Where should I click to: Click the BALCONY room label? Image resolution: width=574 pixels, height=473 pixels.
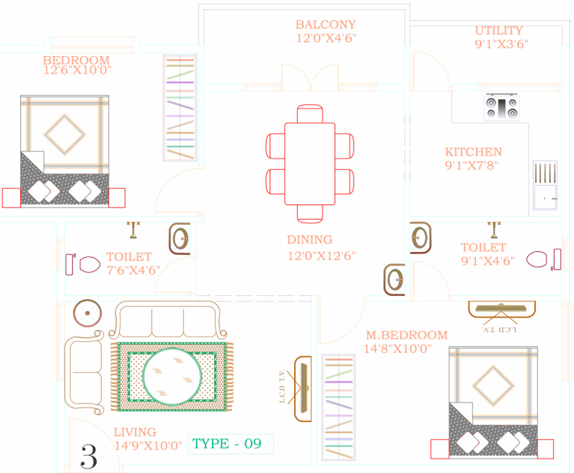(325, 25)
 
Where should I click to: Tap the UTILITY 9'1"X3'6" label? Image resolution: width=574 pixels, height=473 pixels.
(501, 37)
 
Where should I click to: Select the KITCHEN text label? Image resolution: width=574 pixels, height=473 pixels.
(474, 152)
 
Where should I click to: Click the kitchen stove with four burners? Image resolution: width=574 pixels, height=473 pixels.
(502, 107)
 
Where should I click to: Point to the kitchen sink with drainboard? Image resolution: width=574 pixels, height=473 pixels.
(545, 185)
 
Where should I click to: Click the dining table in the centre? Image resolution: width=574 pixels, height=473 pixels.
(310, 164)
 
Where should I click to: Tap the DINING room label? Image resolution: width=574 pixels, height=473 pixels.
(309, 239)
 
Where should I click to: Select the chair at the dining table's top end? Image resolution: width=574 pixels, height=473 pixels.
(310, 114)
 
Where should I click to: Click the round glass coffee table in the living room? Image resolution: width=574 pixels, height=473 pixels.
(172, 377)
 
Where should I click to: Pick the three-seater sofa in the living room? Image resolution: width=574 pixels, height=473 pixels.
(168, 320)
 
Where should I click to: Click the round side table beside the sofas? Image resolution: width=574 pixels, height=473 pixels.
(88, 313)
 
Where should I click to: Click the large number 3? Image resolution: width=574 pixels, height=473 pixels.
(89, 456)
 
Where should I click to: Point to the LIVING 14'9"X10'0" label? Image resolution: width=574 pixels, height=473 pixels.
(148, 439)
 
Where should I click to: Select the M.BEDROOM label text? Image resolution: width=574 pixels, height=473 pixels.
(407, 335)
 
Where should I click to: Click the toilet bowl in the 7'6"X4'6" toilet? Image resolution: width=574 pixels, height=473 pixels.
(90, 265)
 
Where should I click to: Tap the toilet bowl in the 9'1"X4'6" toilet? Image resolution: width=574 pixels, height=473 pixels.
(537, 259)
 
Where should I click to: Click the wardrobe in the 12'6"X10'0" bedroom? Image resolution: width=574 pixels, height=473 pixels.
(180, 107)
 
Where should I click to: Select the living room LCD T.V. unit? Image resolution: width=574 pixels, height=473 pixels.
(303, 389)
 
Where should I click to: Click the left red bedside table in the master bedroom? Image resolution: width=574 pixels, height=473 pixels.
(440, 449)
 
